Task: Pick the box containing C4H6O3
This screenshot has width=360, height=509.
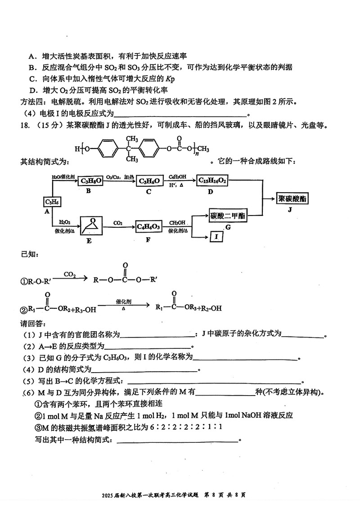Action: (148, 226)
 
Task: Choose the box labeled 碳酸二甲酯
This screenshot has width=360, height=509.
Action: (228, 216)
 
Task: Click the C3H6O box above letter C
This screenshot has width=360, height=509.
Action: (148, 181)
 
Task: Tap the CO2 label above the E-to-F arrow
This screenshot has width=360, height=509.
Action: (118, 222)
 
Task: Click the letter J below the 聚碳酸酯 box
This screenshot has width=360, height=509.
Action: (294, 210)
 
